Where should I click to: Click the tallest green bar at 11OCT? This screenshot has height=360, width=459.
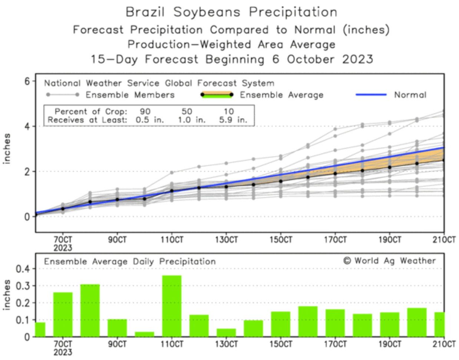(172, 306)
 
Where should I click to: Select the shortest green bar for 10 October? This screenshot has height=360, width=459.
(145, 334)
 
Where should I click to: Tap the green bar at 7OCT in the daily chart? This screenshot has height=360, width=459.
(63, 314)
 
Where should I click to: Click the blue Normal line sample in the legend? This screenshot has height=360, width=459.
(371, 95)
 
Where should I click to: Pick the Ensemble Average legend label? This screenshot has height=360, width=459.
(281, 95)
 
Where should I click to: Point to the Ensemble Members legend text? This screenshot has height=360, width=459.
(130, 95)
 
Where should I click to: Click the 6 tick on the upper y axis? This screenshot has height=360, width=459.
(27, 81)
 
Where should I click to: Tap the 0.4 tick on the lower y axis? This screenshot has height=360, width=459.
(22, 269)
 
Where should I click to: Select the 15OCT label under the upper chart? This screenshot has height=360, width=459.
(281, 240)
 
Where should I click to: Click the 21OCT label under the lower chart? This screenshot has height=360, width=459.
(444, 344)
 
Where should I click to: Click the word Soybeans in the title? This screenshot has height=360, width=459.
(207, 12)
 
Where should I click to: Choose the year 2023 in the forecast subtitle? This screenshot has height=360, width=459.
(357, 59)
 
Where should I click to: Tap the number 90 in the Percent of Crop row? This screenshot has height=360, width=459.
(145, 111)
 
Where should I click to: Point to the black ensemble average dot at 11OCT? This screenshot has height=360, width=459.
(172, 191)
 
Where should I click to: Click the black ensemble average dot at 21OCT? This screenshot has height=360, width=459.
(444, 160)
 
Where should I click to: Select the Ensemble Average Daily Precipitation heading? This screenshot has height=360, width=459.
(130, 262)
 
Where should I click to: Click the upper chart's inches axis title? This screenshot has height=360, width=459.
(7, 148)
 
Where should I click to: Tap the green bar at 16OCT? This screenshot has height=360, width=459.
(308, 321)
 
